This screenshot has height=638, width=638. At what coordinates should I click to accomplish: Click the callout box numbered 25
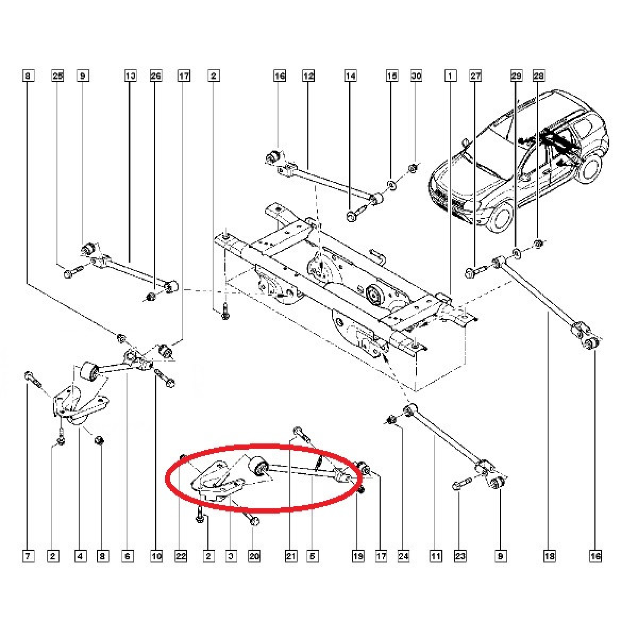pyautogui.click(x=57, y=77)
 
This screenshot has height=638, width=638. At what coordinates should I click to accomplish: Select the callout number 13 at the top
pyautogui.click(x=130, y=77)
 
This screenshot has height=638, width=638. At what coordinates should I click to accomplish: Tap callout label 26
pyautogui.click(x=156, y=77)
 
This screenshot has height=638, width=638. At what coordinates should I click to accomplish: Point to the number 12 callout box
pyautogui.click(x=308, y=77)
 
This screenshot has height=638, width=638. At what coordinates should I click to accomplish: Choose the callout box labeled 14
pyautogui.click(x=350, y=77)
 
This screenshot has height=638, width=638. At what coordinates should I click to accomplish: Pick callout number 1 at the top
pyautogui.click(x=450, y=77)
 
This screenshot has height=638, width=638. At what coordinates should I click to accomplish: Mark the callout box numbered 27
pyautogui.click(x=475, y=77)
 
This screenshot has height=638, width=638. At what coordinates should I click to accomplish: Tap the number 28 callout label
pyautogui.click(x=538, y=77)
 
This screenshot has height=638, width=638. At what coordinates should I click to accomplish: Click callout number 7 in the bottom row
pyautogui.click(x=28, y=557)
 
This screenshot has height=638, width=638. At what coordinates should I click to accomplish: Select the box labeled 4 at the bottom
pyautogui.click(x=80, y=557)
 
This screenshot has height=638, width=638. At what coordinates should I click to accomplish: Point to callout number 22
pyautogui.click(x=182, y=557)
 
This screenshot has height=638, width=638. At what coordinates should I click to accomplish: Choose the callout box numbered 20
pyautogui.click(x=254, y=557)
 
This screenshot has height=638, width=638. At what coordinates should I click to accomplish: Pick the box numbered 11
pyautogui.click(x=435, y=557)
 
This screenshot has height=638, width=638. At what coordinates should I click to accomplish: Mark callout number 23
pyautogui.click(x=460, y=557)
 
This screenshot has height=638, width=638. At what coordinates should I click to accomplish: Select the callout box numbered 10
pyautogui.click(x=156, y=557)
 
